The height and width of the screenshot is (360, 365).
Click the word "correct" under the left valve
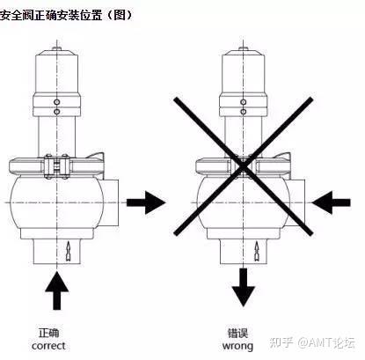click(48, 346)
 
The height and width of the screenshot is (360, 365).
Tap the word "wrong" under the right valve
click(237, 346)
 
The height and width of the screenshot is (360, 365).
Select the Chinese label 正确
click(49, 333)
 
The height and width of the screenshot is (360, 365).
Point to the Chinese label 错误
click(237, 334)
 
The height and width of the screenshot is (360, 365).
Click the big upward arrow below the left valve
click(57, 290)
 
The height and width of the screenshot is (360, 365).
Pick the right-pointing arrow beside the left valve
click(146, 202)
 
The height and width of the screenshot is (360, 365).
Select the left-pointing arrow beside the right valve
click(331, 202)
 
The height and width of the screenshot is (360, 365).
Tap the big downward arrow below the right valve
click(243, 288)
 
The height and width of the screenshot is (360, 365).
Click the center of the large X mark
click(243, 166)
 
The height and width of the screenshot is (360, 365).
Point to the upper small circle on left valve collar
click(57, 102)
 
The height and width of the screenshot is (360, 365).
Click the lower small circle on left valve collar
click(57, 112)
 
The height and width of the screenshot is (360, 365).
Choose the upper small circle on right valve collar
click(243, 102)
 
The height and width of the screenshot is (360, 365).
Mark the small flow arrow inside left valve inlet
click(69, 252)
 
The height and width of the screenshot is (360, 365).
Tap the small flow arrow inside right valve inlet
click(257, 252)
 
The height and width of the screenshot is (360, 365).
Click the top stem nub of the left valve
click(56, 48)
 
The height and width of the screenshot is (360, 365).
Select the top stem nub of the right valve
click(243, 48)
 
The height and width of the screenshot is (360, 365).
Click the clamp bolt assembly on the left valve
click(56, 166)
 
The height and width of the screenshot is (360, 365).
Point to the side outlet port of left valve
click(111, 202)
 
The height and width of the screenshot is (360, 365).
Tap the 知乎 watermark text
click(281, 342)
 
